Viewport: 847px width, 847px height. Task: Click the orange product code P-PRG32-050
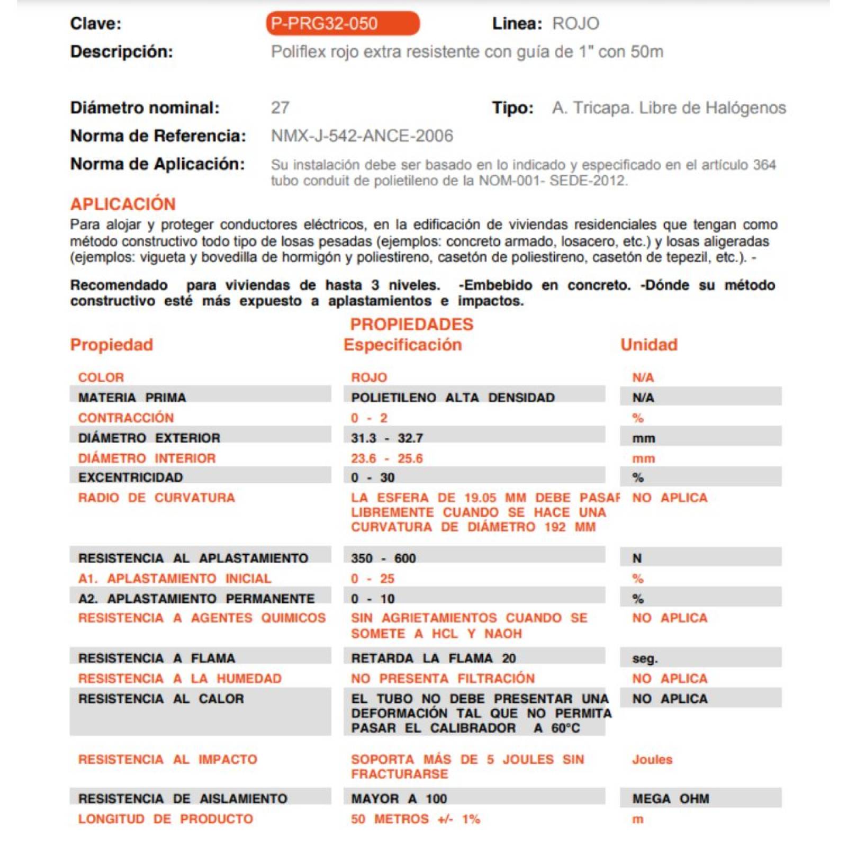tap(342, 24)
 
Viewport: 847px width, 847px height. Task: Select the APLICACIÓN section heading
tap(123, 204)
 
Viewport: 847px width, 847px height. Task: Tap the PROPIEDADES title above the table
tap(411, 324)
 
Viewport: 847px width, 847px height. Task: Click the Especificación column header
tap(402, 345)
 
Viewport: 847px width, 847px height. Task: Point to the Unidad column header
tap(648, 345)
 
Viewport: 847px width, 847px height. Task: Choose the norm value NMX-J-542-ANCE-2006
tap(362, 136)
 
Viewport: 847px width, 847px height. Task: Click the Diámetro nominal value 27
tap(280, 108)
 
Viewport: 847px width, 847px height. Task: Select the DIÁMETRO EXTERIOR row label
tap(149, 438)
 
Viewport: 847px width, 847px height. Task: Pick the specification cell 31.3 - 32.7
tap(386, 438)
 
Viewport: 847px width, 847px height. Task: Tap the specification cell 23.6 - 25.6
tap(386, 458)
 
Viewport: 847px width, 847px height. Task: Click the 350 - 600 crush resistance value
tap(383, 558)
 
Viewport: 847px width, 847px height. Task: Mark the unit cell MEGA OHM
tap(670, 798)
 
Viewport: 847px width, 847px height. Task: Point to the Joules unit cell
tap(652, 759)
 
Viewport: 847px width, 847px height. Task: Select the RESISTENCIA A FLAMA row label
tap(156, 658)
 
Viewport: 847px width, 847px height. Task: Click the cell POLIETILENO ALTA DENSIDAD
tap(453, 398)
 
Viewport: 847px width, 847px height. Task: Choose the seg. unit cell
tap(644, 659)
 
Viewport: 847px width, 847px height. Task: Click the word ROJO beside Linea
tap(575, 24)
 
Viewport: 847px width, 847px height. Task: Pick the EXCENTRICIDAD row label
tap(130, 477)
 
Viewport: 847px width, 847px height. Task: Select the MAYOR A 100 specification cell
tap(399, 798)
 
